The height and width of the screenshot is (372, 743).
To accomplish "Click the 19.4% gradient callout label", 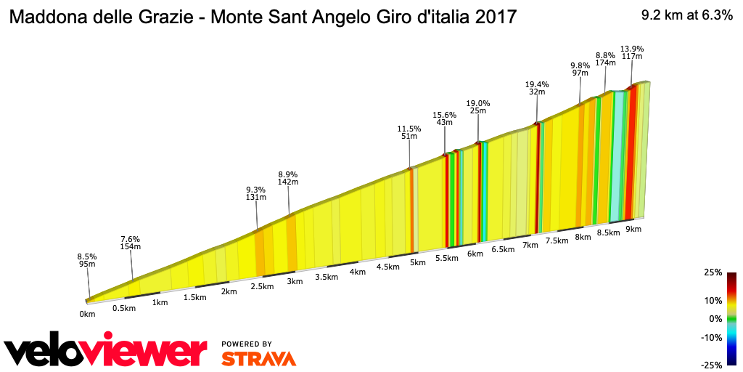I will pos(537,88).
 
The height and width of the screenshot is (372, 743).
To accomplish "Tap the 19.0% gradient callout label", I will pos(478,107).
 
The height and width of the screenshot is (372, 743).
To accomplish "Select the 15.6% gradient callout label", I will pos(444,118).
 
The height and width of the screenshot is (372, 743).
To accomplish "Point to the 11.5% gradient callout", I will pos(409,132).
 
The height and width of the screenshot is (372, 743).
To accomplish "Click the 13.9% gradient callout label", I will pos(631,53).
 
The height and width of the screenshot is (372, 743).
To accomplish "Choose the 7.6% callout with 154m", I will pos(130,243).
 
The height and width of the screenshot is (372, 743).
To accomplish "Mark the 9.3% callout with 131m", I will pos(257,193).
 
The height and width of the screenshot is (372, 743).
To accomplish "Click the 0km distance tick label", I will pos(87,314).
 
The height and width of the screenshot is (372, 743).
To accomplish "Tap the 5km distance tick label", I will pos(417,262).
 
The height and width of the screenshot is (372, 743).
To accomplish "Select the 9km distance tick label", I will pos(633,229).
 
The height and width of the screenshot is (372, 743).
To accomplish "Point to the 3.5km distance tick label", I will pos(327,277).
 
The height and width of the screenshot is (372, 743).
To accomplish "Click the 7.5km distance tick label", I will pos(557,241).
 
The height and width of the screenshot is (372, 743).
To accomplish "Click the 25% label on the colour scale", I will pos(713,272).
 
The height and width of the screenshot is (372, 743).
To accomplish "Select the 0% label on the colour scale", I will pos(715,318).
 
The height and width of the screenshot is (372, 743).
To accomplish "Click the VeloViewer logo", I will pos(106,351).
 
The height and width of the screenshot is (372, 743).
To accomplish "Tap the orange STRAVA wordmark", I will pos(258,359).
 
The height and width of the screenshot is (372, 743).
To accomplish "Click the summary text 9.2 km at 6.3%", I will pos(686,16).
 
